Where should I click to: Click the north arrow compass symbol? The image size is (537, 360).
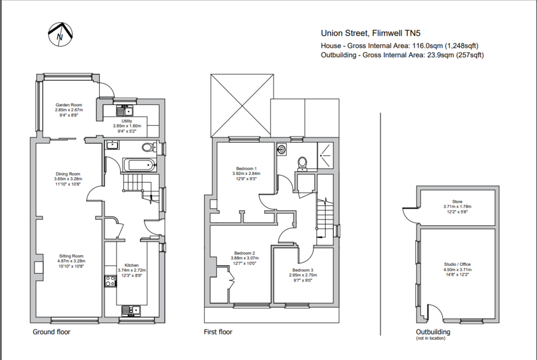(x=60, y=34)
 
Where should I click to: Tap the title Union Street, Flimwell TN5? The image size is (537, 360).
(x=371, y=33)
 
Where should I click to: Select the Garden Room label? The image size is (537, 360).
(x=69, y=105)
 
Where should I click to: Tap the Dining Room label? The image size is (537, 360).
(x=68, y=174)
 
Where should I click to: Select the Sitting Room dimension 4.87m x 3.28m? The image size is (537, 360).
(x=71, y=261)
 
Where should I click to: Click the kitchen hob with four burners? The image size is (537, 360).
(x=110, y=281)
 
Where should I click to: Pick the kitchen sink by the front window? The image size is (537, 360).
(x=131, y=310)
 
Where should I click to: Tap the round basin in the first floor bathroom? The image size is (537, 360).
(x=282, y=149)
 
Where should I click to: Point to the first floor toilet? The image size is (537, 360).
(x=302, y=163)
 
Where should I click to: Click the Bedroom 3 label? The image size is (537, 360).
(x=303, y=270)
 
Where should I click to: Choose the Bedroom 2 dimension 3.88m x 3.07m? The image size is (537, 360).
(x=244, y=258)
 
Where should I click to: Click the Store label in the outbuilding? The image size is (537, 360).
(x=457, y=202)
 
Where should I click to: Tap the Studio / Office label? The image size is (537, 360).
(x=457, y=264)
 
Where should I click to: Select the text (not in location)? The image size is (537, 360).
(x=431, y=338)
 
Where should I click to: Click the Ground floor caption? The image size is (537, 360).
(x=51, y=332)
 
